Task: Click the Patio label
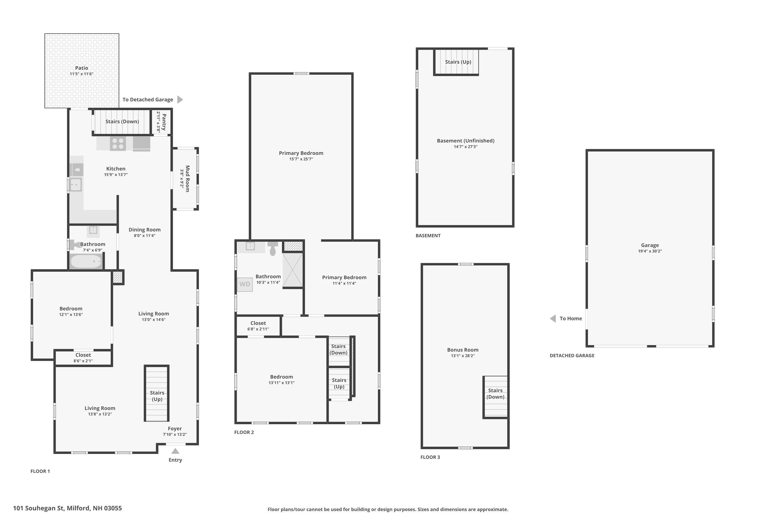81,68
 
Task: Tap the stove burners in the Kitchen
118,144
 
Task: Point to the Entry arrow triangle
175,451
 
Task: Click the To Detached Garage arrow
180,100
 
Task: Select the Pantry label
164,122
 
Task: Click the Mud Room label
187,179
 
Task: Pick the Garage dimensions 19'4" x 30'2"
650,251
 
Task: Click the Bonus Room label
462,350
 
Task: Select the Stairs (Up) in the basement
458,62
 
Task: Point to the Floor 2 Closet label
258,323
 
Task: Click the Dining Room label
145,230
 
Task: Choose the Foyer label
175,429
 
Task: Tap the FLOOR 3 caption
430,457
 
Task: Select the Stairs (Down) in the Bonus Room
495,394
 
